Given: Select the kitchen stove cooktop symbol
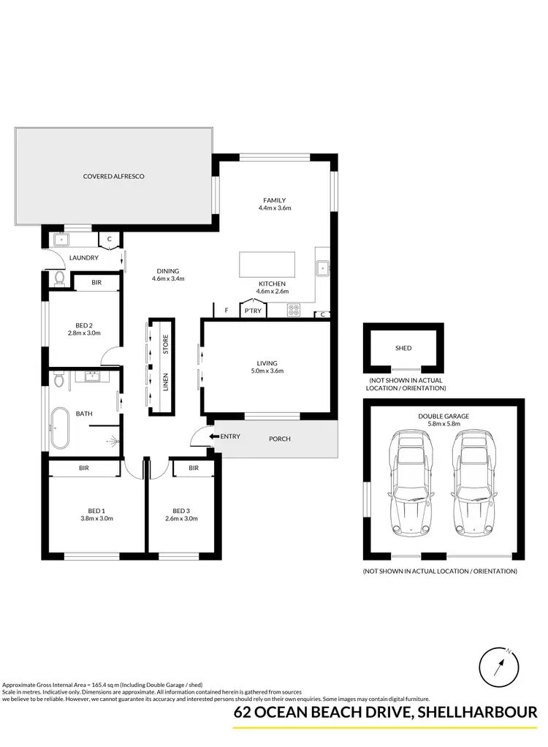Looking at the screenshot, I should click(x=294, y=309).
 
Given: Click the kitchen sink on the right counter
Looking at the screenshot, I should click(x=323, y=268).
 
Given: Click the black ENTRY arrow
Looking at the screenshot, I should click(x=214, y=437).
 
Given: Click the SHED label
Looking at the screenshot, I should click(x=403, y=349).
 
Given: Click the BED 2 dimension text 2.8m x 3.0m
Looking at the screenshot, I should click(x=83, y=333).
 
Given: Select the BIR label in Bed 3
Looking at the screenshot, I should click(x=194, y=468).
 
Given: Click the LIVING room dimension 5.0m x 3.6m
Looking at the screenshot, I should click(x=267, y=371).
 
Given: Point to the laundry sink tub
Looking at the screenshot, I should click(x=61, y=239).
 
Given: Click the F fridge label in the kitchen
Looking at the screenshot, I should click(x=227, y=311).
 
